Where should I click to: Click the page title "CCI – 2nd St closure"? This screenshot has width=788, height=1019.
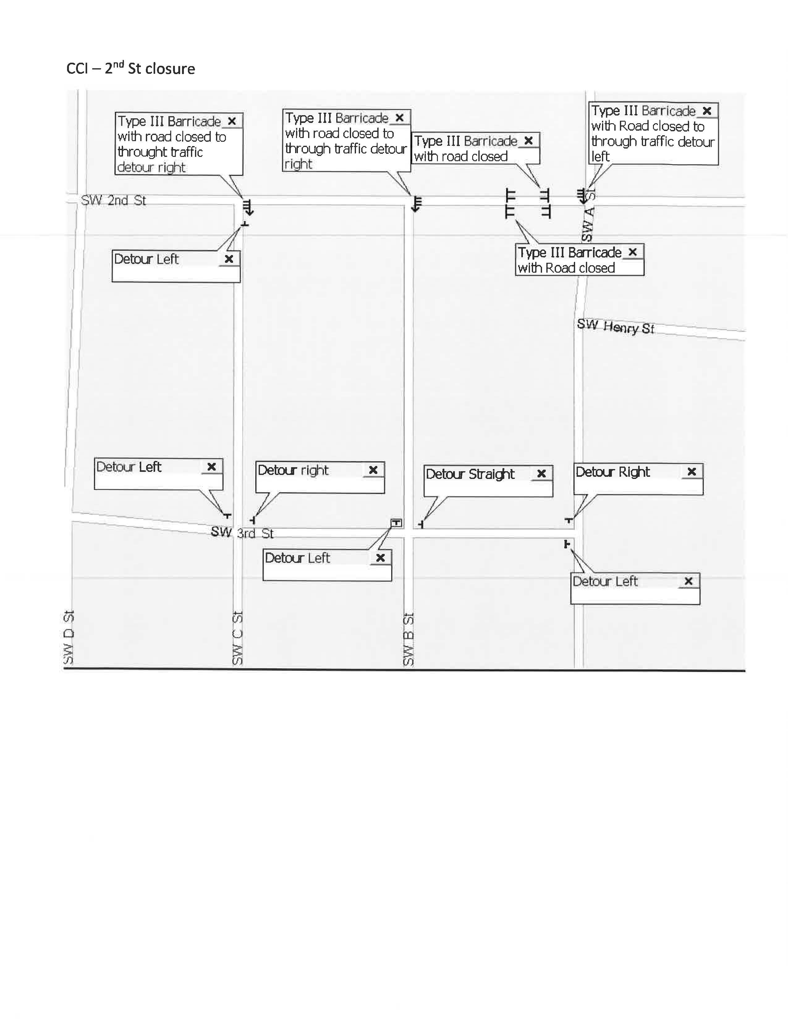[x=131, y=69]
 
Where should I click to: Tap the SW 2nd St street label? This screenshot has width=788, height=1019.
[x=113, y=201]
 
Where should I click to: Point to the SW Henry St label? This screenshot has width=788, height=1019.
[x=615, y=327]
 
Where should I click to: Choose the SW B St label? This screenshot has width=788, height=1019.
[x=409, y=639]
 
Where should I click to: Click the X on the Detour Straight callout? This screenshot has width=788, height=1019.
[x=541, y=474]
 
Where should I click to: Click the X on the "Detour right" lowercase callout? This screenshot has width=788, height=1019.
[x=373, y=470]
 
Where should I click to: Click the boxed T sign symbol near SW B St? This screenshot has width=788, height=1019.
[x=396, y=523]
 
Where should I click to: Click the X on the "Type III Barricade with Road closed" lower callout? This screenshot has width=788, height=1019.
[x=633, y=252]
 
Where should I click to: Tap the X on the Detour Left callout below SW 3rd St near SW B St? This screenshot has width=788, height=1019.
[x=380, y=558]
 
